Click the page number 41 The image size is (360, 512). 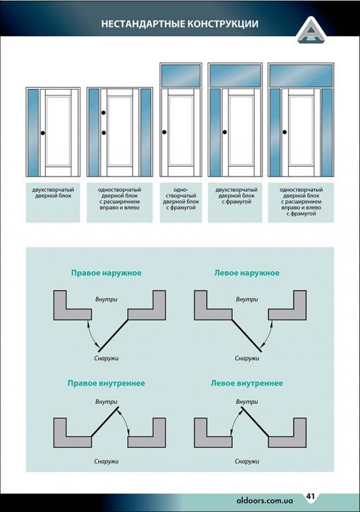[x=311, y=496]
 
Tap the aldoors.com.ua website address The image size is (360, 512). [x=265, y=501]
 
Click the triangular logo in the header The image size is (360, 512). [x=311, y=30]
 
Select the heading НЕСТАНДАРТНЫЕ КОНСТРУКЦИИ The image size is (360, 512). [x=179, y=24]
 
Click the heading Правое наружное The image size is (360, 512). [x=106, y=273]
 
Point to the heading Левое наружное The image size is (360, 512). [x=247, y=273]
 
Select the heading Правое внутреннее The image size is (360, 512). [x=106, y=383]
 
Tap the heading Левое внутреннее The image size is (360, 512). [x=247, y=383]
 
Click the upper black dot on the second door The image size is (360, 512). [x=104, y=113]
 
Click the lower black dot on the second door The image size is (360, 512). [x=104, y=133]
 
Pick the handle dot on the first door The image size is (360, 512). [x=43, y=133]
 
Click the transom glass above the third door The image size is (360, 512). [x=181, y=76]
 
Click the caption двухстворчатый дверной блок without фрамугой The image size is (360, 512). [x=53, y=193]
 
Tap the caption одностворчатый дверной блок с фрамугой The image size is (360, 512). [x=181, y=198]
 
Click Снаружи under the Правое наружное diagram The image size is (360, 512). [x=106, y=358]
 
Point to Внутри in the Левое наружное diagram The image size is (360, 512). [x=247, y=299]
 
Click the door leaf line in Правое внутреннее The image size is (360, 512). [x=104, y=422]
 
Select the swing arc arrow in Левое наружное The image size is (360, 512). [x=269, y=334]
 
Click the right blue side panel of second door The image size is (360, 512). [x=145, y=132]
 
